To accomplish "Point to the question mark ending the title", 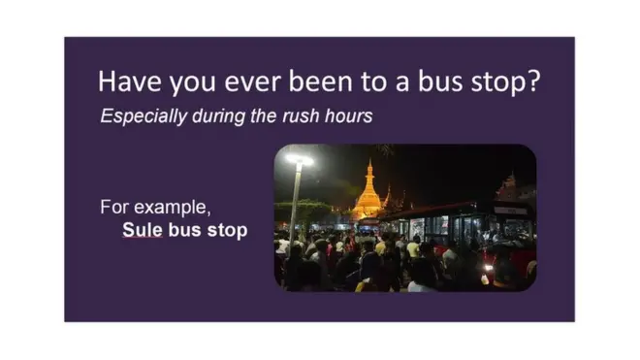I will pyautogui.click(x=532, y=82).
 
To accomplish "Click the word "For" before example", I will pyautogui.click(x=112, y=208).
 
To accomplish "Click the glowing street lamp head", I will pyautogui.click(x=300, y=159).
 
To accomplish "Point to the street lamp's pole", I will pyautogui.click(x=295, y=204).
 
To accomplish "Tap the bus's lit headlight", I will pyautogui.click(x=488, y=268).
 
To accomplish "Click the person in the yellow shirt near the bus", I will pyautogui.click(x=412, y=249).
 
